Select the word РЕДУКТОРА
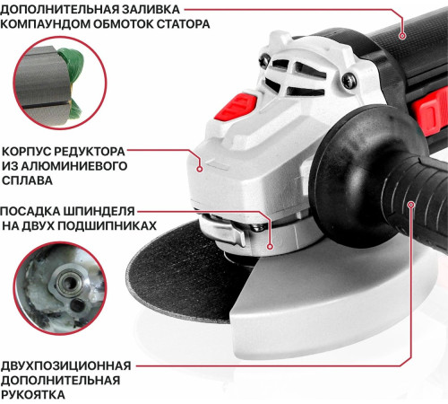coord(87,151)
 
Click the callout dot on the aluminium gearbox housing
coord(201,163)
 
